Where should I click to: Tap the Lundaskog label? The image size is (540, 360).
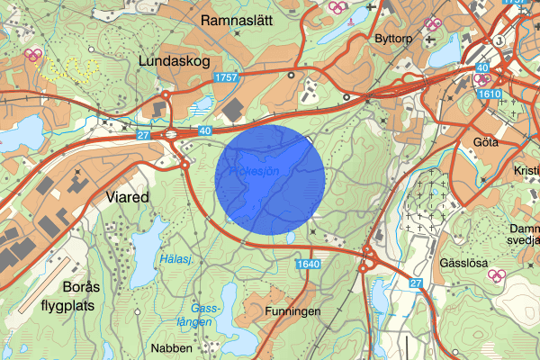[175, 60]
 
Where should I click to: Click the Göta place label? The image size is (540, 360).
[485, 141]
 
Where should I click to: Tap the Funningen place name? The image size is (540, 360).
[293, 311]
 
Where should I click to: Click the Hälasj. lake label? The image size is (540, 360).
[175, 259]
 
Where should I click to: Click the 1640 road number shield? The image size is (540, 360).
[307, 264]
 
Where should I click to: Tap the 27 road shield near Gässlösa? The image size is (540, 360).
[415, 283]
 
